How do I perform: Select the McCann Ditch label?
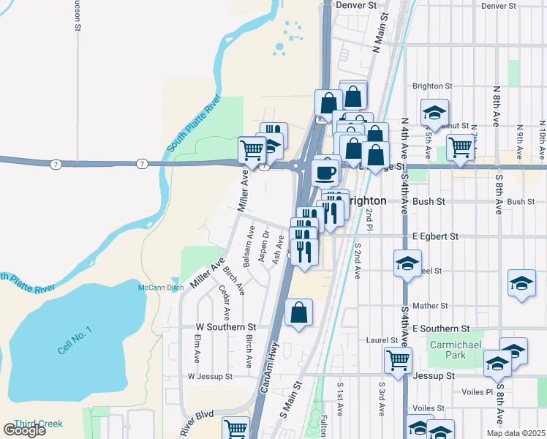[x=161, y=288]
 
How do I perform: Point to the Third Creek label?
[x=37, y=424]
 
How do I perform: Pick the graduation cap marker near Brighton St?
[x=434, y=113]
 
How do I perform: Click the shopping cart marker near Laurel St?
[x=398, y=359]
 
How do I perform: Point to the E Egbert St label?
[x=435, y=236]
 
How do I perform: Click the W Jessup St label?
[x=209, y=377]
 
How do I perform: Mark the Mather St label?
[x=429, y=306]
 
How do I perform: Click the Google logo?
[x=24, y=430]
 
